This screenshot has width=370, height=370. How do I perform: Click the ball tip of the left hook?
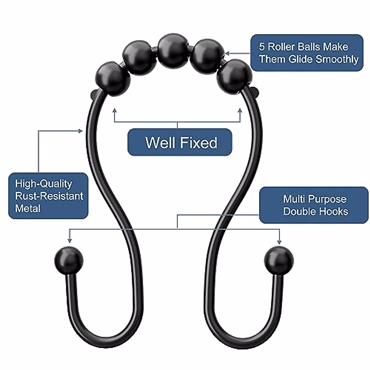(69, 261)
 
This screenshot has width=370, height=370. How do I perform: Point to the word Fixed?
(199, 143)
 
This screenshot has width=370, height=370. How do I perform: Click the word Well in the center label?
(160, 143)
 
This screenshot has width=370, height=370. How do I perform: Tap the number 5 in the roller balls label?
(262, 47)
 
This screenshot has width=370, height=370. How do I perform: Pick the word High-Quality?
(43, 184)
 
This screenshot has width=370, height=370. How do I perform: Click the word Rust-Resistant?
(49, 196)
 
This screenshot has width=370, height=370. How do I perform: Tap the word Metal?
(28, 208)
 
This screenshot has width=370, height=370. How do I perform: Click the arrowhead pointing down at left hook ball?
(70, 240)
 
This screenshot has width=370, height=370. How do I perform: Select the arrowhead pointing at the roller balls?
(227, 53)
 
